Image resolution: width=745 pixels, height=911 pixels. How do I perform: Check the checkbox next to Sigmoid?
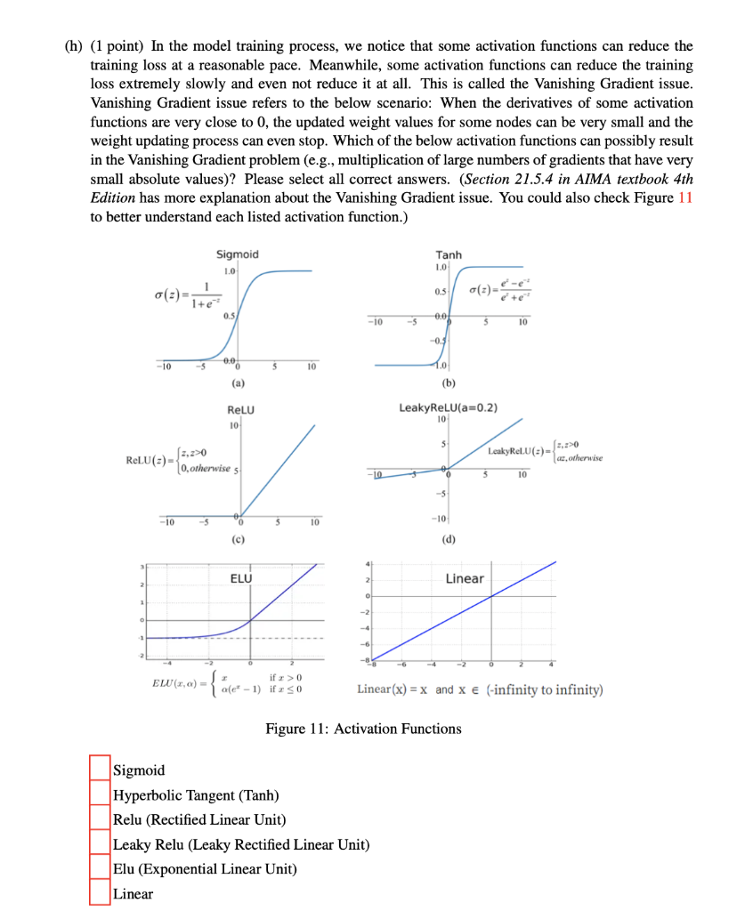[100, 770]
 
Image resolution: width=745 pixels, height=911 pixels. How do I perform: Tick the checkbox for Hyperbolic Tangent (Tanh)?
[100, 794]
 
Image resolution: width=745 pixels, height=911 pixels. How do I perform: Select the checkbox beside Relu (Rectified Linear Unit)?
[100, 819]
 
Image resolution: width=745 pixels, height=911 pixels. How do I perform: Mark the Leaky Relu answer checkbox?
[100, 844]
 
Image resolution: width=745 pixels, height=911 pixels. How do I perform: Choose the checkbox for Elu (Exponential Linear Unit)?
[100, 869]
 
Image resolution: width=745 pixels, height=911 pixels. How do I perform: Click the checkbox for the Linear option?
[100, 894]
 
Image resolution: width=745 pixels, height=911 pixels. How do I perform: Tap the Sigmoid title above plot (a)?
[237, 254]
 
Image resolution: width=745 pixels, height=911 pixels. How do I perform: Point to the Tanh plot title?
[449, 254]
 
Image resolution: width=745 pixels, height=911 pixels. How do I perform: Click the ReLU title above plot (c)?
[241, 410]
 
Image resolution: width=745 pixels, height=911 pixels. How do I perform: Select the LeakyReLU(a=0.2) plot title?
[448, 408]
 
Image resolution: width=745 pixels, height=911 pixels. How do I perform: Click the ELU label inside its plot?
[241, 579]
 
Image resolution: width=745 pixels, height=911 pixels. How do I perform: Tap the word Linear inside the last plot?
[465, 579]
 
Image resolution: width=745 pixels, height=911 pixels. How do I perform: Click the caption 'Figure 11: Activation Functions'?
[363, 730]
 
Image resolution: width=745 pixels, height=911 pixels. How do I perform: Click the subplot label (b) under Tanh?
[449, 383]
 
